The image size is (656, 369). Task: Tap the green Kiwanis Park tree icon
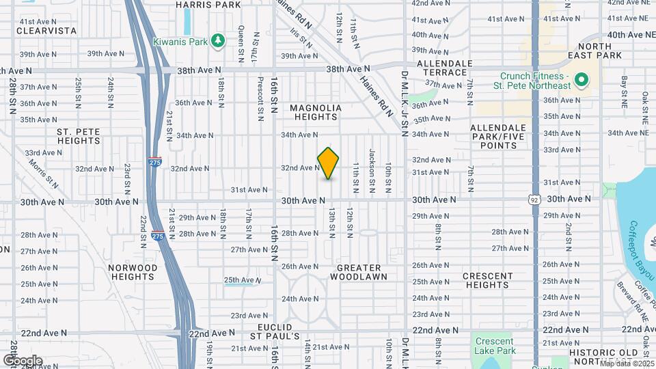[x=218, y=41]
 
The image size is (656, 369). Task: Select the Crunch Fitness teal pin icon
[x=582, y=81]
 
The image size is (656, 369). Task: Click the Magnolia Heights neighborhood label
[x=315, y=113]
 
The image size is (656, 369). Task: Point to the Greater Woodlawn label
[x=359, y=272]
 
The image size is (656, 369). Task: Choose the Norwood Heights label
[x=133, y=272]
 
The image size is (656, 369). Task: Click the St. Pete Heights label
[x=79, y=136]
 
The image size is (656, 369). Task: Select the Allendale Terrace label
[x=444, y=68]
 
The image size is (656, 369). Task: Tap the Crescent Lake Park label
[x=495, y=346]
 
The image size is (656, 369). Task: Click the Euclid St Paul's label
[x=274, y=331]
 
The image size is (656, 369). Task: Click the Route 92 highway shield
[x=534, y=198]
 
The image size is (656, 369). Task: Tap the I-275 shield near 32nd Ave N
[x=154, y=163]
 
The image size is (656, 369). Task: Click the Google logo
[x=23, y=360]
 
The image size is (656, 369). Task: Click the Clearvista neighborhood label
[x=46, y=31]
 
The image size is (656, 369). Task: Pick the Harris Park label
[x=208, y=5]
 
